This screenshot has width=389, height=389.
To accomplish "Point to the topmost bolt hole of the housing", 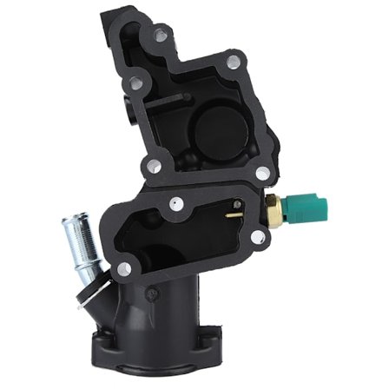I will [x=160, y=34].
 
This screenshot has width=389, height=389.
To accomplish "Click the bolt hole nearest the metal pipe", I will [x=123, y=268].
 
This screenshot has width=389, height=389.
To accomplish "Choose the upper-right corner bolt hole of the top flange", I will [x=233, y=62].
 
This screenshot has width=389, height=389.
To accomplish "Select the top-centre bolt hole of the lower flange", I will [x=179, y=207].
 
